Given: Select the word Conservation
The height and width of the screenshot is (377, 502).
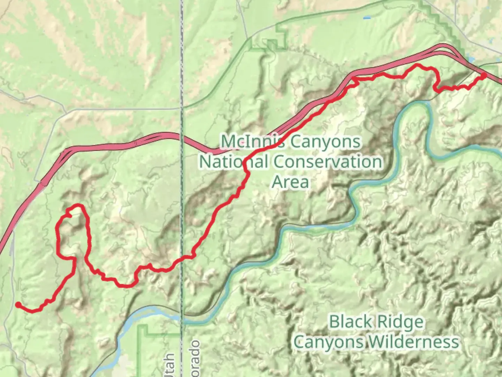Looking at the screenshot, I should [x=328, y=162].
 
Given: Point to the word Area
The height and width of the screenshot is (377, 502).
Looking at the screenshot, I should [x=290, y=182].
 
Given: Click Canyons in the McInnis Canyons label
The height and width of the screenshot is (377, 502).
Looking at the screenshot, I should [x=326, y=142].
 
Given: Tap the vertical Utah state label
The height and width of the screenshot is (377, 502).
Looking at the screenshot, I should [x=170, y=365].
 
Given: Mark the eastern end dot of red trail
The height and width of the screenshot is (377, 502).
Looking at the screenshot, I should [x=484, y=75].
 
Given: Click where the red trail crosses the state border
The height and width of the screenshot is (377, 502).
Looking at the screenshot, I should [x=182, y=259].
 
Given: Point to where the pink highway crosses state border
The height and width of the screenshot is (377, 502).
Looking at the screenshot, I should [x=182, y=136].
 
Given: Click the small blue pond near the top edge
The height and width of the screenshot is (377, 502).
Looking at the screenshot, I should [x=367, y=17].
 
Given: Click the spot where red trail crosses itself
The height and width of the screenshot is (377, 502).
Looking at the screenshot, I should [x=74, y=259].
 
